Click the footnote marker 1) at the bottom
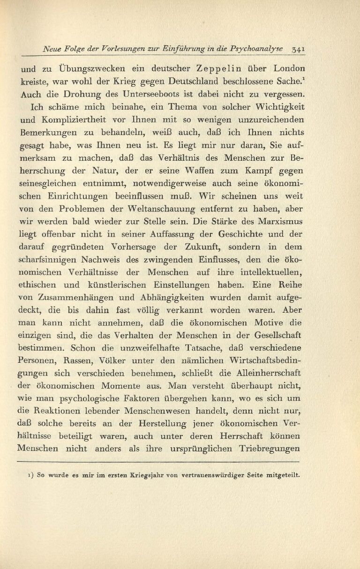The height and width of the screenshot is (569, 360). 31,474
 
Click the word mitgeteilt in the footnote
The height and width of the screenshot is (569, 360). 283,474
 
